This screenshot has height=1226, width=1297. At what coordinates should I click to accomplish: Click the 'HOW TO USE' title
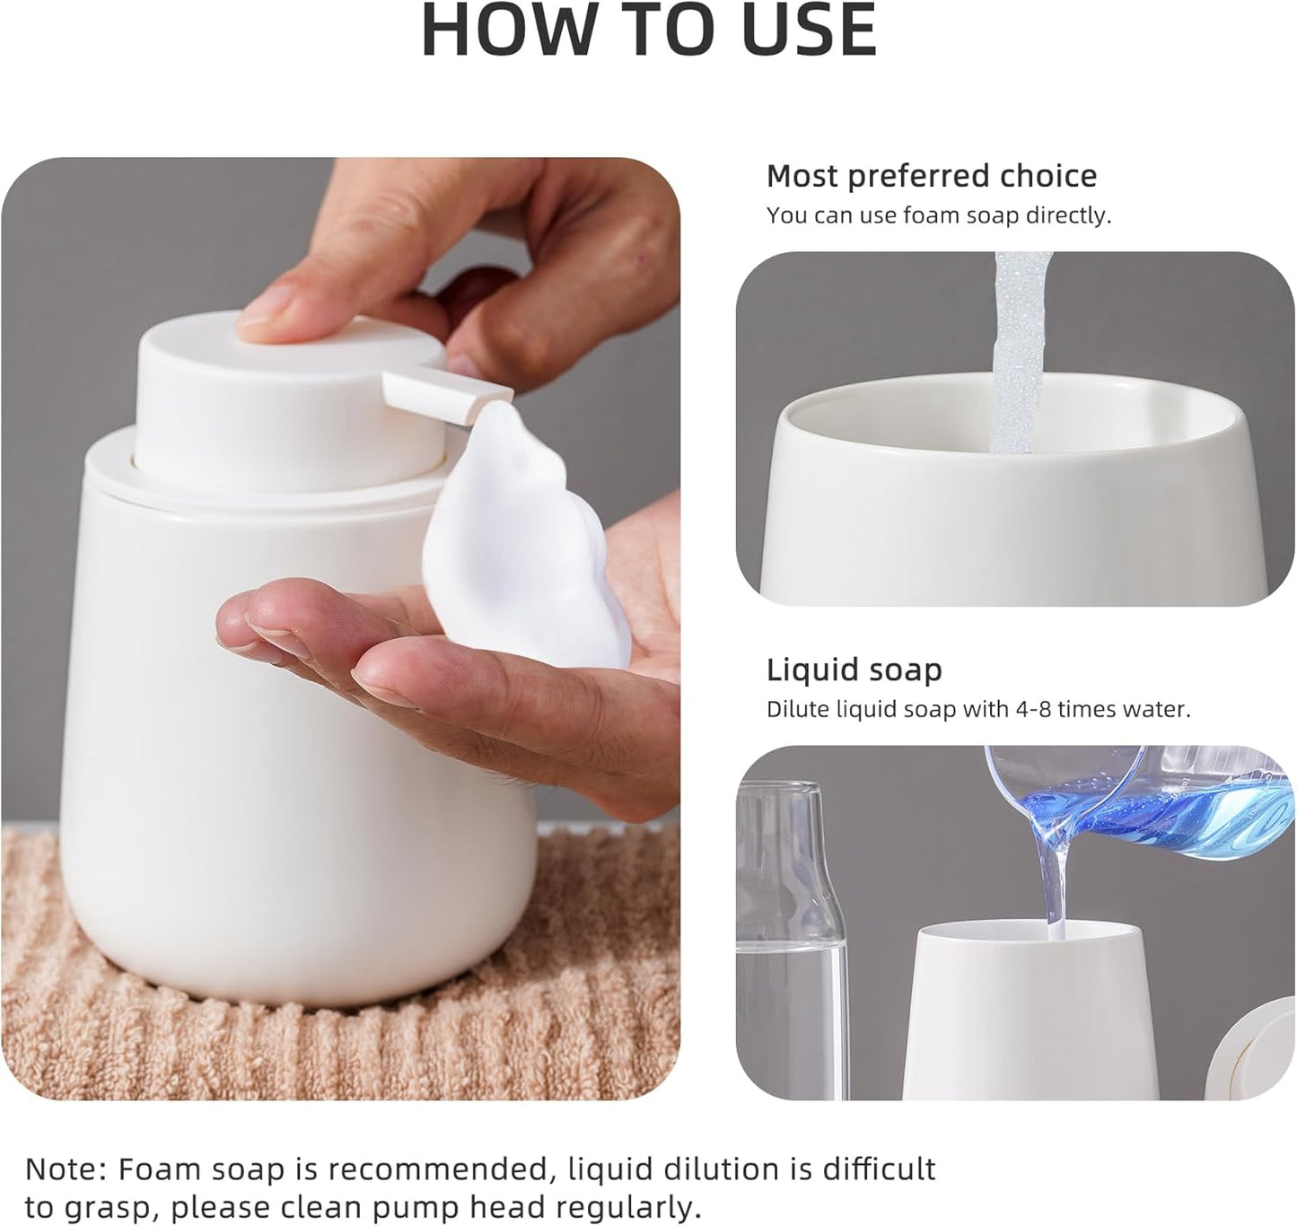(x=648, y=31)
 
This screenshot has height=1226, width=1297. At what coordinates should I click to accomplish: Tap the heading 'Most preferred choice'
(x=931, y=176)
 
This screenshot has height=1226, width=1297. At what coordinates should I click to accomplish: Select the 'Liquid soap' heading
(x=854, y=670)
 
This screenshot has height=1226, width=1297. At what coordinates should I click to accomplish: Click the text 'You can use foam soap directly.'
(x=938, y=215)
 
